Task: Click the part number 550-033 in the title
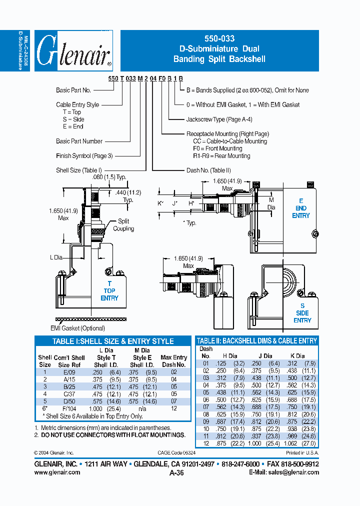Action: tap(219, 38)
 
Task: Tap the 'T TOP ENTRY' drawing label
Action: tap(109, 290)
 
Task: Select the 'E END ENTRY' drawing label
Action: tap(301, 208)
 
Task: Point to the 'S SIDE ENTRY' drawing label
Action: tap(302, 313)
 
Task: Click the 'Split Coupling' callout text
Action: tap(123, 224)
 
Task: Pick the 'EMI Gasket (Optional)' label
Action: tap(77, 328)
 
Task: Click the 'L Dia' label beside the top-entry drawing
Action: tap(56, 257)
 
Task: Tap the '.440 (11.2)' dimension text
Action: tap(128, 192)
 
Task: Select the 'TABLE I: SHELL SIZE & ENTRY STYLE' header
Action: tap(113, 341)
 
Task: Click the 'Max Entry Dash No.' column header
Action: tap(173, 361)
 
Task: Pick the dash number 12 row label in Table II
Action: tap(205, 443)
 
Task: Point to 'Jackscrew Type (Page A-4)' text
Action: tap(219, 119)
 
